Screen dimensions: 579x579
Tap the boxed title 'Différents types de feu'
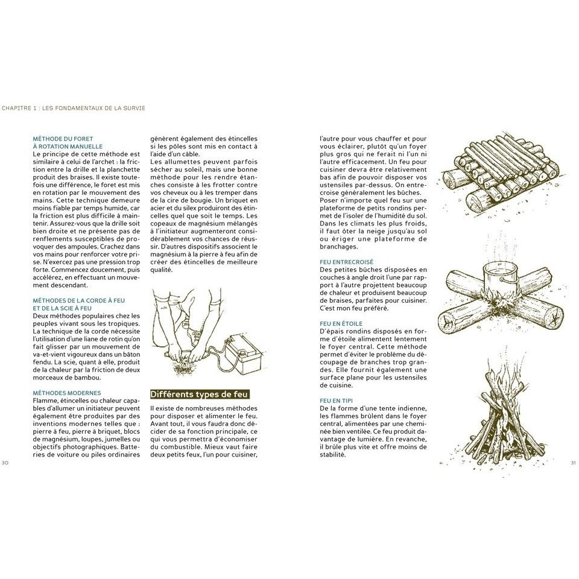coord(198,394)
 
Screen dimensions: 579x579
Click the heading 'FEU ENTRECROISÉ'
coord(346,262)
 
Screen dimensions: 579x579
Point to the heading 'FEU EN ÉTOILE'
coord(342,323)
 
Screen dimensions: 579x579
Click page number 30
coord(5,463)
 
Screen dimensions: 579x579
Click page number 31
coord(573,463)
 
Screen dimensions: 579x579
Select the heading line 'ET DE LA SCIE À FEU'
coord(62,308)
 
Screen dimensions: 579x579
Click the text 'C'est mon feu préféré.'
coord(354,308)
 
